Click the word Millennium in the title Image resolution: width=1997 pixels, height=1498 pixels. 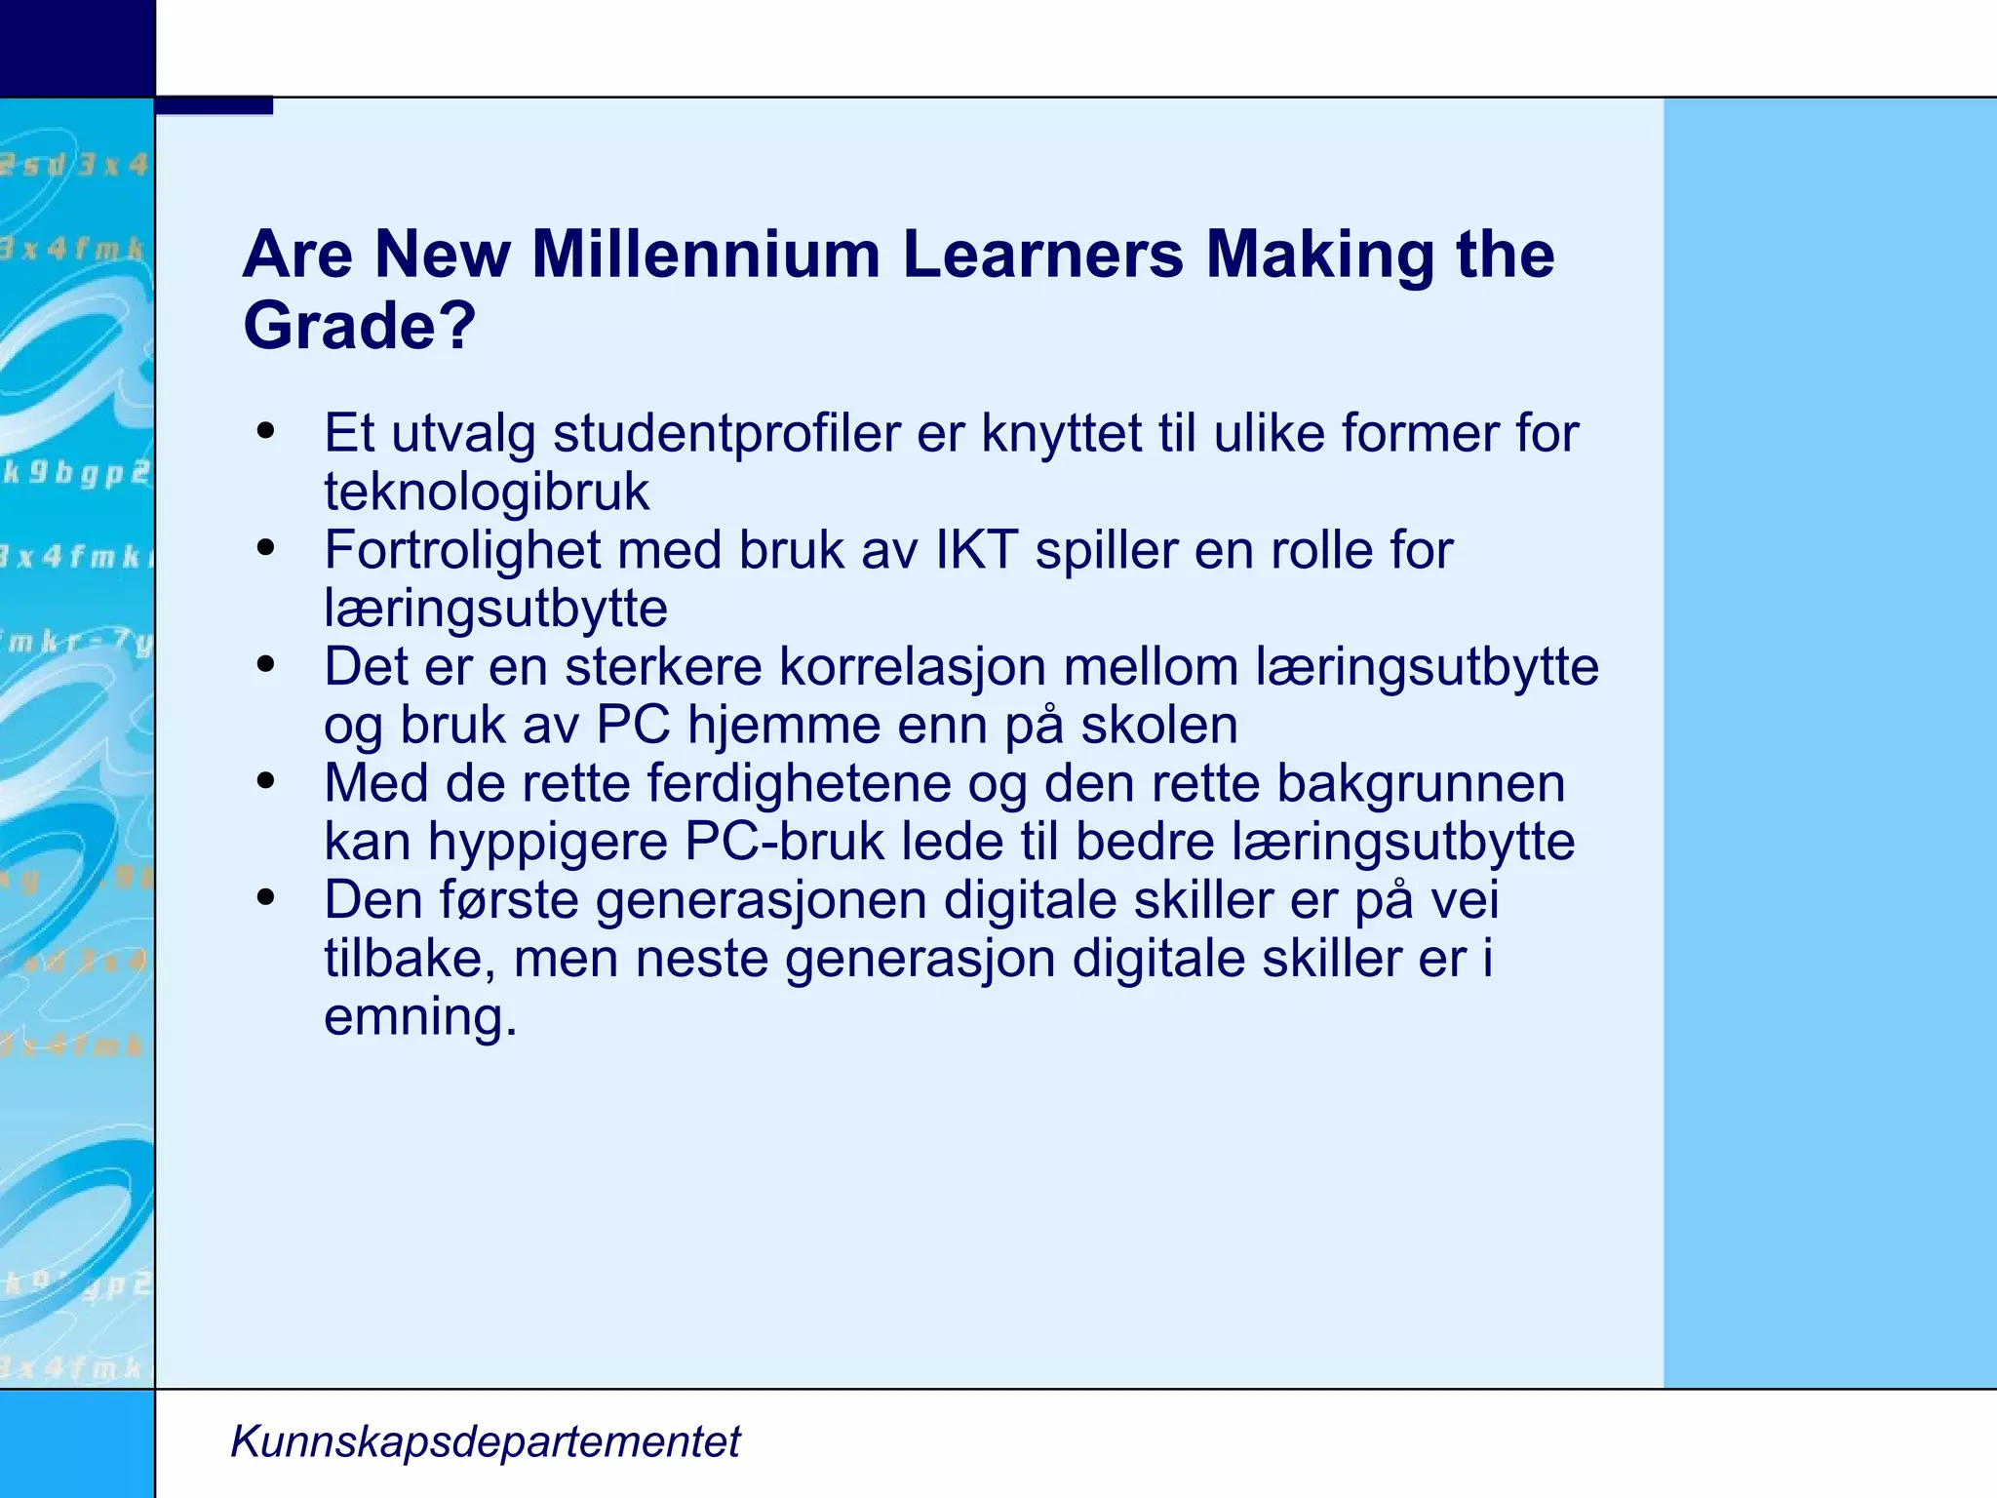coord(705,255)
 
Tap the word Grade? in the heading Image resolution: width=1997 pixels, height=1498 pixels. coord(359,326)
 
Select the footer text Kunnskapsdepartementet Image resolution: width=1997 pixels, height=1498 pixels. coord(486,1441)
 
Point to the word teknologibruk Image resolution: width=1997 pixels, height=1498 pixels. coord(486,492)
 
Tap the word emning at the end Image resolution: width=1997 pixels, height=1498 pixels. coord(419,1017)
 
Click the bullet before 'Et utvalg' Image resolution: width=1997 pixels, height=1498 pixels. coord(265,432)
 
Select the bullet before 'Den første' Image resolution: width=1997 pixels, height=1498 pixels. coord(265,898)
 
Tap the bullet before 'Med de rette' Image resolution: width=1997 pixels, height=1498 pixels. coord(265,782)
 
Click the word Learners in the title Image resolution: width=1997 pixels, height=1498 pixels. coord(1042,255)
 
